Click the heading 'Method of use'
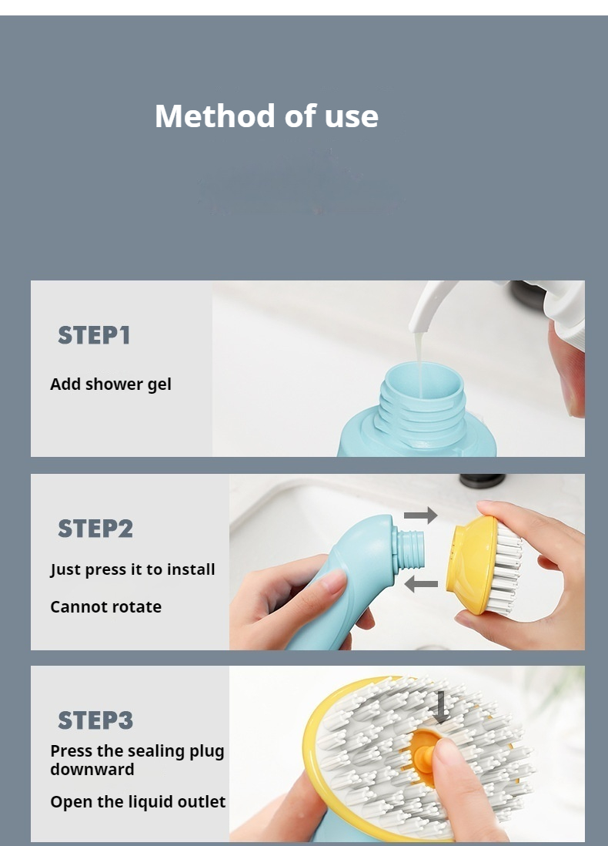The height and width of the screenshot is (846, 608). point(266,116)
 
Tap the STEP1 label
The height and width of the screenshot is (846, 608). point(94,335)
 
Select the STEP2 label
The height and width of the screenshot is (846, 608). point(95,529)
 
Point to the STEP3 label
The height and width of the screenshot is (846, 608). point(95,720)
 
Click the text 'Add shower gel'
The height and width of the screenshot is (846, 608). point(111,384)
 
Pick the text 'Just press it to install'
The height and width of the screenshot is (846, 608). point(132,569)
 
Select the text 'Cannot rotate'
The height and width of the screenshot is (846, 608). point(105,606)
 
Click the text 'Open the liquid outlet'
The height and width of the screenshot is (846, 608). point(138,801)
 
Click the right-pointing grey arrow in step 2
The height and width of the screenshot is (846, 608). point(420,515)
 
